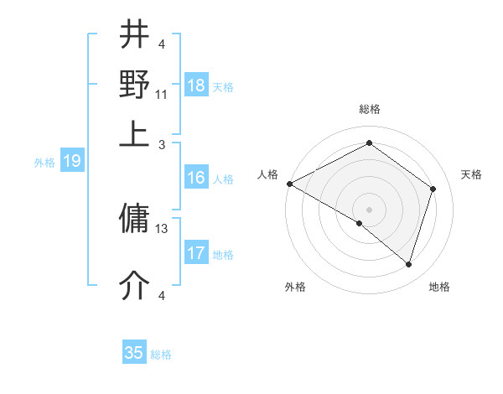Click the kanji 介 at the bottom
[x=135, y=286]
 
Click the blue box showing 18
[x=196, y=86]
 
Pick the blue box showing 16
[x=196, y=178]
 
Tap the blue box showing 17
[x=196, y=253]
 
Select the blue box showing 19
[x=72, y=162]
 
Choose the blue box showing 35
[x=134, y=353]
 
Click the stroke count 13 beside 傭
[x=163, y=228]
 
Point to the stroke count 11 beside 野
[x=162, y=94]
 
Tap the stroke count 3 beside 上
[x=162, y=144]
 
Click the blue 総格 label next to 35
[x=161, y=355]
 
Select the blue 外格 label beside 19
[x=44, y=163]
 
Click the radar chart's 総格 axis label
[x=369, y=109]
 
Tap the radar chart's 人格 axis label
[x=267, y=174]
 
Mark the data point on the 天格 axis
[x=433, y=189]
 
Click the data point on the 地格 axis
[x=408, y=265]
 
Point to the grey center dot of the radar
[x=369, y=208]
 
